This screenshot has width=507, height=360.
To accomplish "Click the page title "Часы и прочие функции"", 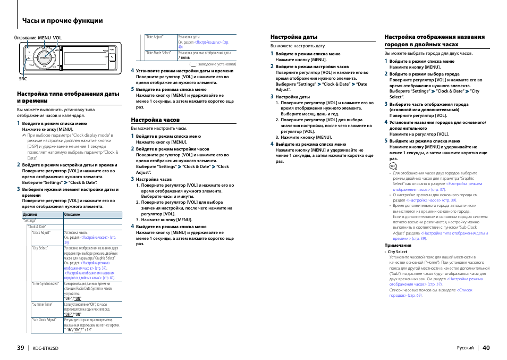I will (63, 21).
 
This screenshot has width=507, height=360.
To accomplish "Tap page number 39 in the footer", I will (20, 348).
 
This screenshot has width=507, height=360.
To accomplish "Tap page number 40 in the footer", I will (486, 348).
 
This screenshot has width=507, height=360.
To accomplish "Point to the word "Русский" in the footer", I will (466, 348).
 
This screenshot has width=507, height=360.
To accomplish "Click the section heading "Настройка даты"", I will (294, 37).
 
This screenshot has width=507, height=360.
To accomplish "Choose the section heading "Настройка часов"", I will (155, 120).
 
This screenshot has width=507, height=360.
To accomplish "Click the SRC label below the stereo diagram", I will (23, 79).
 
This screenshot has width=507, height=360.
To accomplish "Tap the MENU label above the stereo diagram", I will (44, 38).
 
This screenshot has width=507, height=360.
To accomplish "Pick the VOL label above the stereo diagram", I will (57, 38).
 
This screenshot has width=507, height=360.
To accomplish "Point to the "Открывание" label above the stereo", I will (25, 38).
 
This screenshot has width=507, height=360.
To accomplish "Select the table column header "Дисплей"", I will (30, 214).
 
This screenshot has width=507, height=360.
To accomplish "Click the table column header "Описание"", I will (72, 214).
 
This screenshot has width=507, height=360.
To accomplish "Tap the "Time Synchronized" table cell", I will (45, 284).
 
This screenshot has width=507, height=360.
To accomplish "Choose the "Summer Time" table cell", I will (43, 305).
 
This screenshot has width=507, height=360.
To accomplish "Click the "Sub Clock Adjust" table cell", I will (45, 320).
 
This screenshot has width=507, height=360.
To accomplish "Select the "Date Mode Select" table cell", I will (158, 53).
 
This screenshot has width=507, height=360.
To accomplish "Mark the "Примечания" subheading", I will (398, 245).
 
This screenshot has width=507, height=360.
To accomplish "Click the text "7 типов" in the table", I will (184, 58).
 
